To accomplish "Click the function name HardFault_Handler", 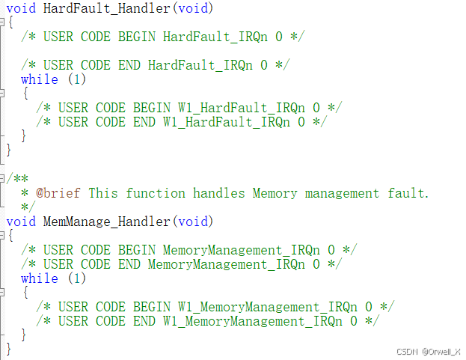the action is point(107,8).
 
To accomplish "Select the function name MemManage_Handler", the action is point(107,222).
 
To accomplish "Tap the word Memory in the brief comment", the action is point(275,193).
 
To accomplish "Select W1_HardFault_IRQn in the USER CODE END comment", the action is point(226,122).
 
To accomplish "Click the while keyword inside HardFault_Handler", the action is point(40,79).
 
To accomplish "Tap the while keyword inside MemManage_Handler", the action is point(40,278).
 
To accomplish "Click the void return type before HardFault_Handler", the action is point(21,8).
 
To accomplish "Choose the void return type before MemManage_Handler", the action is point(21,222).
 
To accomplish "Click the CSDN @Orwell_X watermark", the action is point(428,351).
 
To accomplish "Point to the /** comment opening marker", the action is point(17,179).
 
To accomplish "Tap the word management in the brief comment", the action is point(342,193).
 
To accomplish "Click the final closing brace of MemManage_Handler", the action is point(9,349).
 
